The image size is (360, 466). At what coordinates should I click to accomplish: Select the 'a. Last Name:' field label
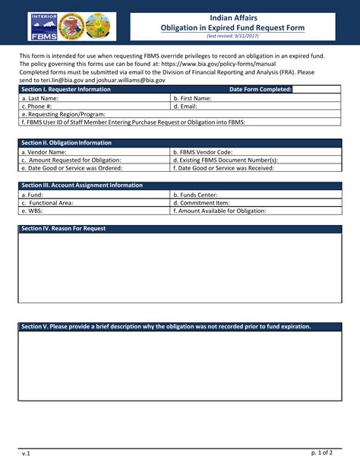[x=40, y=98]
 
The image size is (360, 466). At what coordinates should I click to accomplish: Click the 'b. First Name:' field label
[x=193, y=98]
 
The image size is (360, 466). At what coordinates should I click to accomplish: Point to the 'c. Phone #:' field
[x=38, y=106]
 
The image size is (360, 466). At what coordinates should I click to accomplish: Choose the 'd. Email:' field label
[x=186, y=106]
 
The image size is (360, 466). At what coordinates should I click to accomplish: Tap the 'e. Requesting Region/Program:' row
[x=64, y=114]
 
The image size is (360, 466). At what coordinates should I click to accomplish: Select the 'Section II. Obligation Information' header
[x=67, y=143]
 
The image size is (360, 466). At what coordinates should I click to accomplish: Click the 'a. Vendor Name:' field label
[x=45, y=151]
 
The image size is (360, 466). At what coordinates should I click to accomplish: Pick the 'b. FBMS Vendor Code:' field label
[x=203, y=151]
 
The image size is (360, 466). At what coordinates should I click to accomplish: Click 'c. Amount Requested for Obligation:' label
[x=71, y=160]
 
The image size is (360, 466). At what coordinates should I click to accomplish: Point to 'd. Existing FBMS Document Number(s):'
[x=226, y=160]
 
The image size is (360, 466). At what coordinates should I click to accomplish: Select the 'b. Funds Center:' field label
[x=197, y=195]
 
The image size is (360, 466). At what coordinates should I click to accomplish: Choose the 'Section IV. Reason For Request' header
[x=64, y=229]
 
